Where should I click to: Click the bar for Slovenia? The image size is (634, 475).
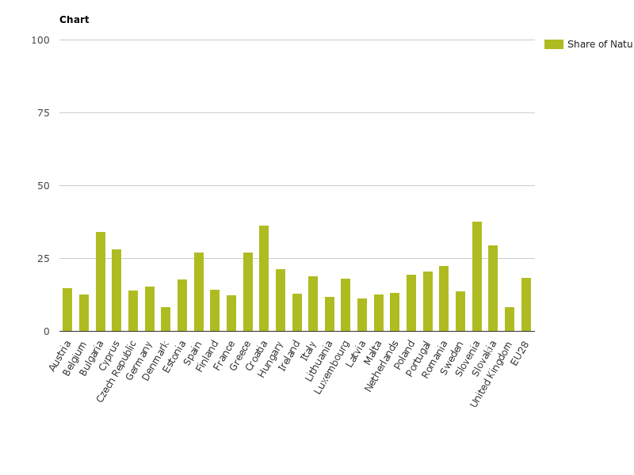[477, 276]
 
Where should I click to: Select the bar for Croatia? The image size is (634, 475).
[264, 279]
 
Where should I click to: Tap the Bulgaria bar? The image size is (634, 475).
[101, 282]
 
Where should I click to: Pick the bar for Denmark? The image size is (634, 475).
[166, 319]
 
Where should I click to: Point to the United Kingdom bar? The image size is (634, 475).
[510, 319]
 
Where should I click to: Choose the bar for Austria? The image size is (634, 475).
[67, 310]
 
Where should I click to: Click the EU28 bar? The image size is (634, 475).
[526, 305]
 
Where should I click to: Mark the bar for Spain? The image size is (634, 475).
[199, 292]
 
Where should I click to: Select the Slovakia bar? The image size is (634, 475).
[493, 288]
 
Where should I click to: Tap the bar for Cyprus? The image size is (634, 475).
[116, 291]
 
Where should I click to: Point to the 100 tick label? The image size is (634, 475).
[40, 40]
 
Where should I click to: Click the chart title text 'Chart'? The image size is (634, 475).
[74, 20]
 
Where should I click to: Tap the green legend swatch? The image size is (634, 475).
[553, 44]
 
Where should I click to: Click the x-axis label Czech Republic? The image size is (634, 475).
[116, 371]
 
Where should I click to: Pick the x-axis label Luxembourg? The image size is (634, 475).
[333, 367]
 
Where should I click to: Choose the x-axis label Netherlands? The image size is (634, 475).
[383, 366]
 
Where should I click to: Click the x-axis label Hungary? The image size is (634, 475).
[271, 359]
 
